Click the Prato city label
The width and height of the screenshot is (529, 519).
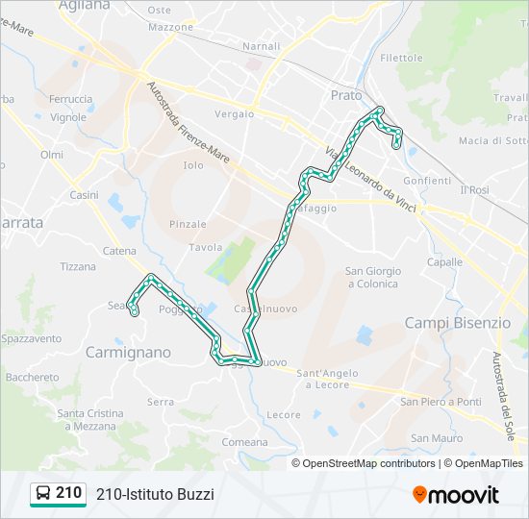click(x=346, y=95)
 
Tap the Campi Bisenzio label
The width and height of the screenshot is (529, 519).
click(x=458, y=323)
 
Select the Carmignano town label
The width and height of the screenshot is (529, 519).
click(x=128, y=353)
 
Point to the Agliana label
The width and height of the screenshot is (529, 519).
click(x=85, y=6)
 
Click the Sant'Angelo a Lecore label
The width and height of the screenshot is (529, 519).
click(x=327, y=379)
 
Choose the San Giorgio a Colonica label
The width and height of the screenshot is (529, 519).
click(x=372, y=277)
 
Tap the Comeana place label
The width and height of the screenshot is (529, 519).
click(x=245, y=442)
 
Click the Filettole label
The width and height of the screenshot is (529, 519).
click(x=401, y=58)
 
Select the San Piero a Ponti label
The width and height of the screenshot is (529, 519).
click(x=441, y=402)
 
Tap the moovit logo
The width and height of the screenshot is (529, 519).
click(x=456, y=495)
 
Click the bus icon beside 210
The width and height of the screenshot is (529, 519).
click(x=43, y=494)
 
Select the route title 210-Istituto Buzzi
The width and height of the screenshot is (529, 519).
click(x=155, y=494)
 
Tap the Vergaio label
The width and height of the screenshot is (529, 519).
click(x=235, y=113)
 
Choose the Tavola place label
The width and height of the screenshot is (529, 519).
click(x=206, y=247)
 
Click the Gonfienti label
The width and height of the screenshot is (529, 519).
click(x=427, y=181)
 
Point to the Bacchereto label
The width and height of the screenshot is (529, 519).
click(x=32, y=378)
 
